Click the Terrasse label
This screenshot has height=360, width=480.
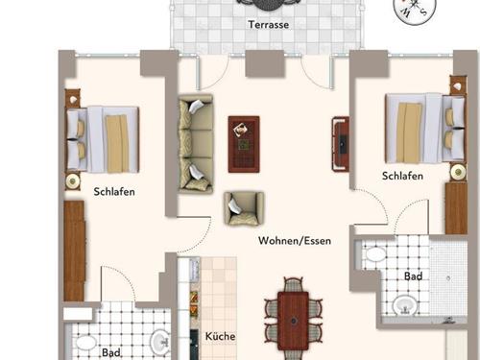269,24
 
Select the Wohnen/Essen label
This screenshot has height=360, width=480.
295,241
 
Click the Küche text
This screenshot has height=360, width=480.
220,337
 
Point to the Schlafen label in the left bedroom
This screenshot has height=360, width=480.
114,191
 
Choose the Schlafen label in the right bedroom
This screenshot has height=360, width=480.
402,176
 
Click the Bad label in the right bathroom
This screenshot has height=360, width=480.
413,276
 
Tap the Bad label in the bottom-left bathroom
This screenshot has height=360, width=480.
111,352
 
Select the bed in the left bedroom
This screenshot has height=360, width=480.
103,136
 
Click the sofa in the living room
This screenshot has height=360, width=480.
197,144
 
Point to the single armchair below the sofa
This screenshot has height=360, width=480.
243,207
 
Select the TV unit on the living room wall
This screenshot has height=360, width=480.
340,145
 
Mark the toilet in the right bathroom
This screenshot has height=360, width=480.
373,256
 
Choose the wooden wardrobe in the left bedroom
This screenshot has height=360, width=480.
74,251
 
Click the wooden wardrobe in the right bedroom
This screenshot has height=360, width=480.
455,207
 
